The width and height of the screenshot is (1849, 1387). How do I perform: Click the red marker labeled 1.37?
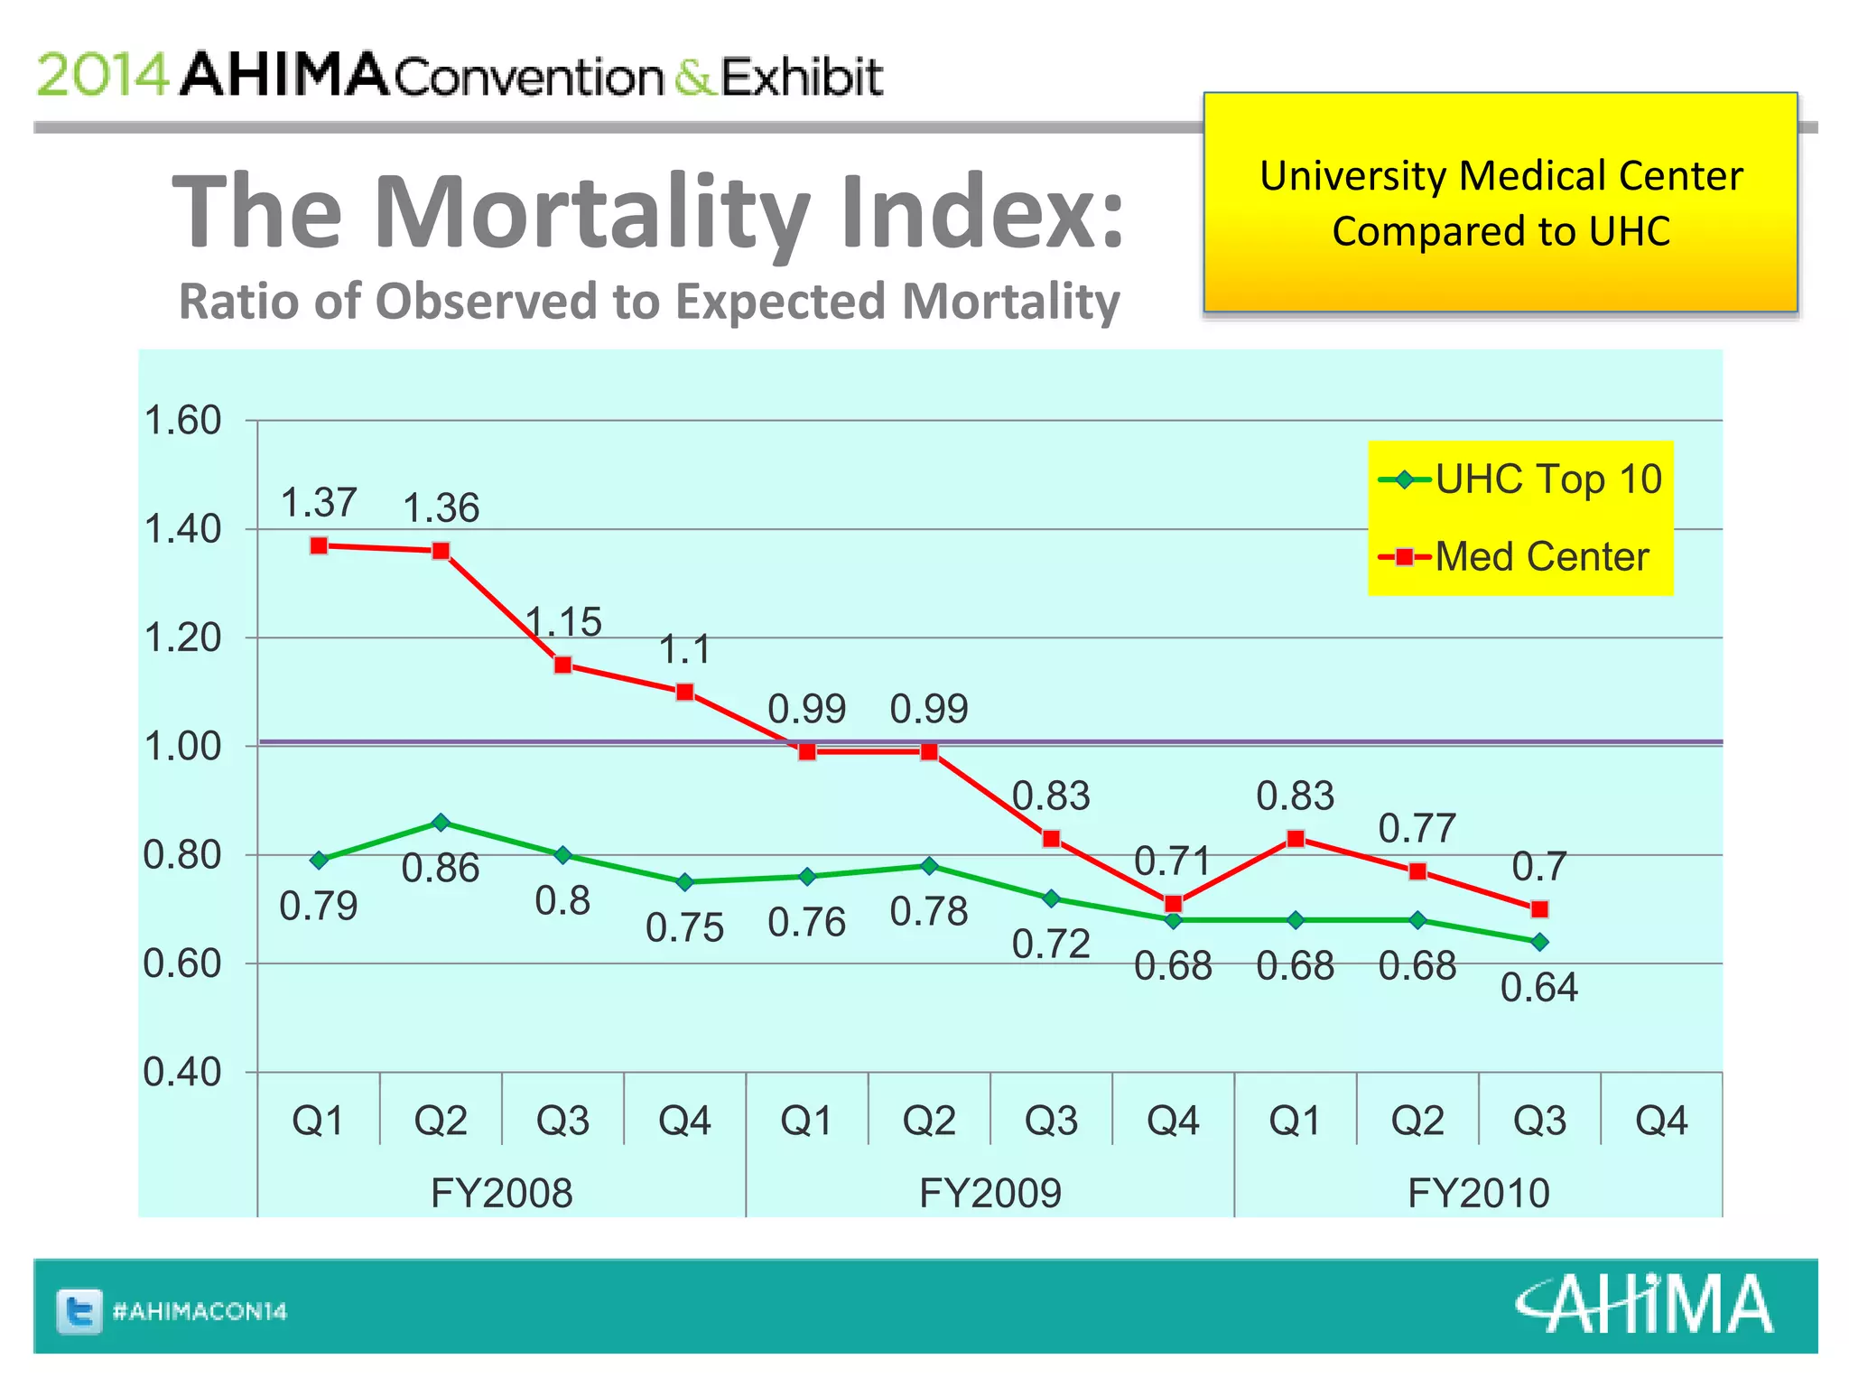(x=319, y=545)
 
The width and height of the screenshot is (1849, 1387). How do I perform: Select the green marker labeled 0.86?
(x=441, y=823)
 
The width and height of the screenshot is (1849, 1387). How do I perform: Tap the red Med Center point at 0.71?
(x=1173, y=904)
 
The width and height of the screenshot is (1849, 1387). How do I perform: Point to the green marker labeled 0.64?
(x=1539, y=942)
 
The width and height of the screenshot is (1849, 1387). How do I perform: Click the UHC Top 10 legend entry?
(x=1520, y=479)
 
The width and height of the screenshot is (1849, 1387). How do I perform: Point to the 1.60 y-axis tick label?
(x=182, y=421)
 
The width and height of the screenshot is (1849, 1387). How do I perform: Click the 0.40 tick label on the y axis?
(x=182, y=1073)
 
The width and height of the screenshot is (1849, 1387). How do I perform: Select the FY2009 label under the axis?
(x=990, y=1193)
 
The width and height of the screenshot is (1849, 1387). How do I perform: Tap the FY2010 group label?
(x=1478, y=1193)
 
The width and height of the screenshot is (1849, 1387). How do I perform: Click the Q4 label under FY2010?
(x=1661, y=1121)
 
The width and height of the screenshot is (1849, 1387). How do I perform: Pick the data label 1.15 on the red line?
(x=563, y=622)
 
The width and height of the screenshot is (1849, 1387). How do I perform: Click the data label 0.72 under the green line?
(x=1051, y=945)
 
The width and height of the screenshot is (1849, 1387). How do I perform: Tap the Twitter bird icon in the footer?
(x=79, y=1311)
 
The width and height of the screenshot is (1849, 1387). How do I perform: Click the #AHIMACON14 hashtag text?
(x=200, y=1311)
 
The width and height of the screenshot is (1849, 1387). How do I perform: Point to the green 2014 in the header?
(x=102, y=75)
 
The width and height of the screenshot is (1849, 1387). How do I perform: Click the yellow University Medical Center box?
(x=1500, y=203)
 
